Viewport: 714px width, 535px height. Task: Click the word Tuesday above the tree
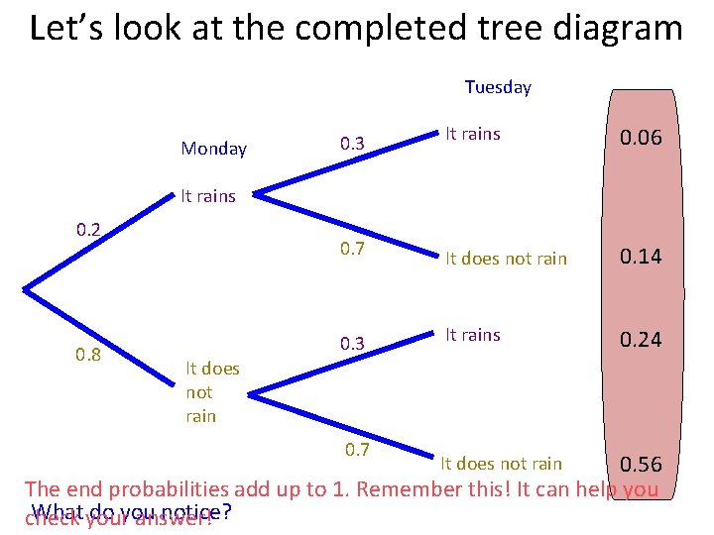pos(498,87)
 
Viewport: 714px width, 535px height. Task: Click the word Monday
pos(213,149)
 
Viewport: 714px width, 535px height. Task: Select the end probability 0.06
pos(642,139)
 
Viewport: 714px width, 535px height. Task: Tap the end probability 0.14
pos(642,258)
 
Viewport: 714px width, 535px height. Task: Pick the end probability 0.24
pos(642,340)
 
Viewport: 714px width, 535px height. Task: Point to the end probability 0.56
pos(641,466)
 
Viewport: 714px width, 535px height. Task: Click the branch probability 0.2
pos(88,229)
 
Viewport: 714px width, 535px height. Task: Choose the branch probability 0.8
pos(88,355)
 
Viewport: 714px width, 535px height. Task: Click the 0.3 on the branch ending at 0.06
pos(352,144)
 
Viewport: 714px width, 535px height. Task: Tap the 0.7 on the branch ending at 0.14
pos(352,248)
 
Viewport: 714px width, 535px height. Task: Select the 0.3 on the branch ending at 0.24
pos(352,344)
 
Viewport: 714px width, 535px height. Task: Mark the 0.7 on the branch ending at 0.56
pos(357,450)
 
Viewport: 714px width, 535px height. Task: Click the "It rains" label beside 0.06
pos(473,134)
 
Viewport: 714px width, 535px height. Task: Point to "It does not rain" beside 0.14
pos(506,259)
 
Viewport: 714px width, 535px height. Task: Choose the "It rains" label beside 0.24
pos(473,335)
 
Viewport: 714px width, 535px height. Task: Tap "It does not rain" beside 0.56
pos(501,464)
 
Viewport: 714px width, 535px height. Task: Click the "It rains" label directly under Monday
pos(208,196)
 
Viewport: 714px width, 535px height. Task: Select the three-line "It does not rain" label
pos(212,392)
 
